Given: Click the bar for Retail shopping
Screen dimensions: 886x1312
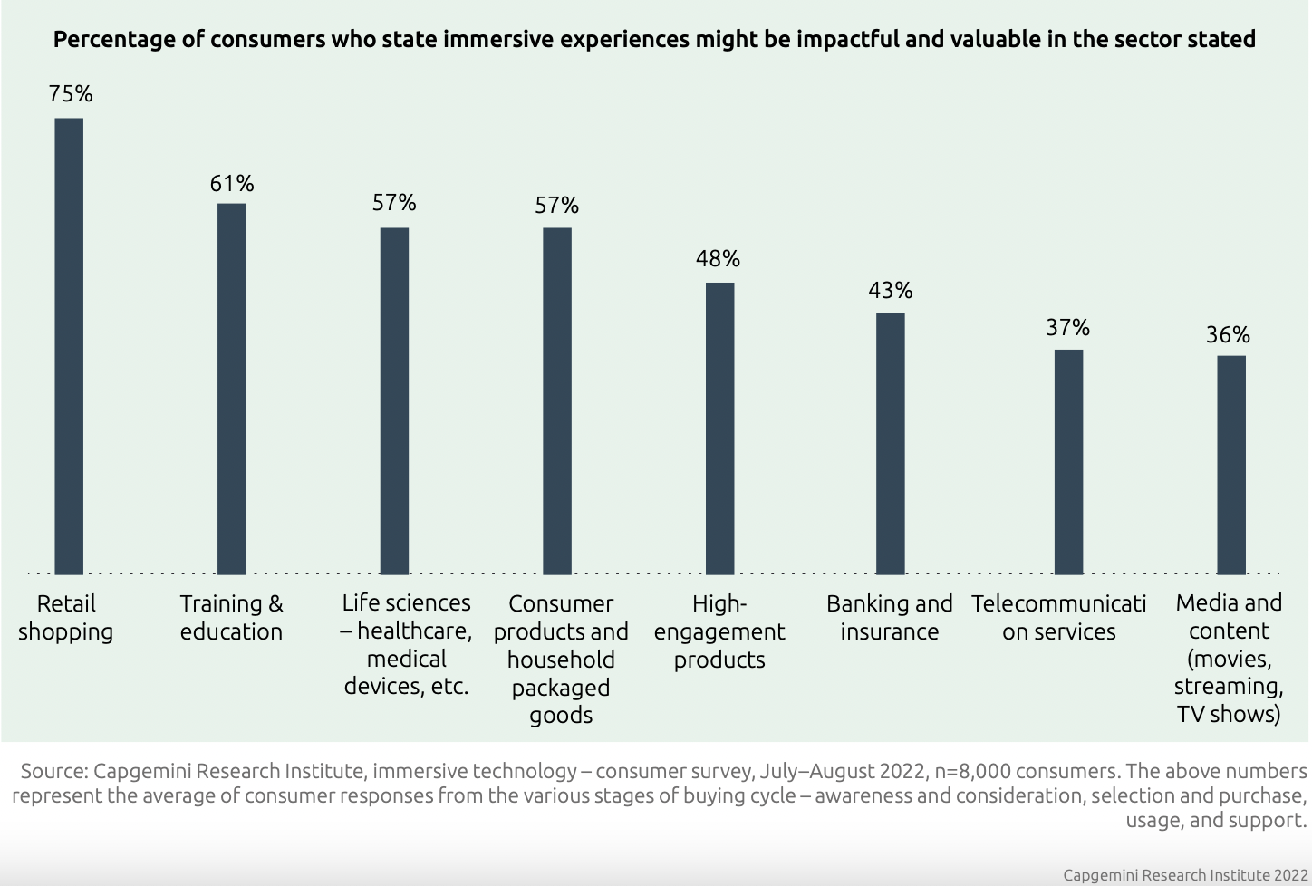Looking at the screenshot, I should tap(69, 346).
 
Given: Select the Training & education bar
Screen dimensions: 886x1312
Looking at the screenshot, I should tap(232, 389).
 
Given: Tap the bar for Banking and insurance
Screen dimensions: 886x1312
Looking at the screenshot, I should tap(891, 443).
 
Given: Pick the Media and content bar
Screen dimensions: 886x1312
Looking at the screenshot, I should tap(1231, 465).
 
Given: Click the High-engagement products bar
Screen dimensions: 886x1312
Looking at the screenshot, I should tap(720, 429).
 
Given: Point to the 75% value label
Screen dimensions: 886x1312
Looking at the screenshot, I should tap(71, 94).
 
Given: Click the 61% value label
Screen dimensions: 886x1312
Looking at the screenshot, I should tap(232, 184).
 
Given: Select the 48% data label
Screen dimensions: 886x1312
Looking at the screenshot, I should tap(719, 259).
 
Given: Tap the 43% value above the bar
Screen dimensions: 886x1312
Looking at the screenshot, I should tap(891, 291).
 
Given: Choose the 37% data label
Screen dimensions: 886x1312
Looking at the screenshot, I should tap(1068, 328).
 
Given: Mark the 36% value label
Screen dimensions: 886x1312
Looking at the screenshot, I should tap(1228, 335).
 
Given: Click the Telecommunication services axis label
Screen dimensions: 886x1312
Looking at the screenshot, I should tap(1058, 618).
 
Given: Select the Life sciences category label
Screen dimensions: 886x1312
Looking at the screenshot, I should tap(407, 644).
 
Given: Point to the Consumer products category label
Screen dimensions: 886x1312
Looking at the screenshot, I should tap(561, 659).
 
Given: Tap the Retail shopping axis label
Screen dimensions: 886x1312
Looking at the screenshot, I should tap(66, 618).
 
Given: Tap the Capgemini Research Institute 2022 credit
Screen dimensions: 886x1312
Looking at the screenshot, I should tap(1184, 874).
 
